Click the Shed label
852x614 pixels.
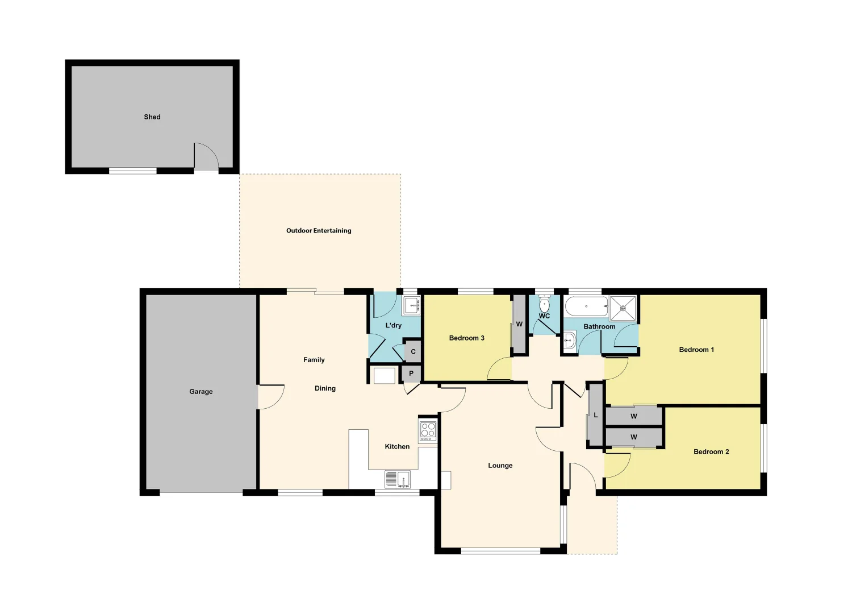point(152,117)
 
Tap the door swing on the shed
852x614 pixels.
point(206,156)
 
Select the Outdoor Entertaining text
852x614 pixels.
point(319,231)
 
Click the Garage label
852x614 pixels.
point(201,392)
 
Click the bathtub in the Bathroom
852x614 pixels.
point(586,306)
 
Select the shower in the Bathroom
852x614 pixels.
point(623,308)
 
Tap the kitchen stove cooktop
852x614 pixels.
point(428,431)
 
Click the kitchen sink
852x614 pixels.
point(398,479)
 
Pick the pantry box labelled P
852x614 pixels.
point(411,374)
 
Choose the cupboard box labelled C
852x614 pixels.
point(413,351)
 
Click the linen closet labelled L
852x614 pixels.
point(595,415)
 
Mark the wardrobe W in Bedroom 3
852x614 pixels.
point(519,324)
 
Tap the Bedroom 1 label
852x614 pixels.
point(696,350)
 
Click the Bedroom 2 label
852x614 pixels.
point(711,452)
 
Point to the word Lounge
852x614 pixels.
point(500,466)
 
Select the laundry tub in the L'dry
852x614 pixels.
point(411,305)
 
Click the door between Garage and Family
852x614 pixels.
point(270,397)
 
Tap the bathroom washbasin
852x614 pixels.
point(570,341)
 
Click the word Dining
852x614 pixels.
point(325,388)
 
